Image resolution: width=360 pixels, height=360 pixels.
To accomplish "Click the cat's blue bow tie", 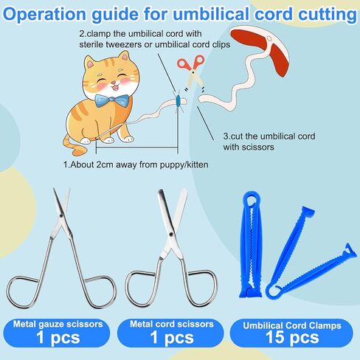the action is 112,100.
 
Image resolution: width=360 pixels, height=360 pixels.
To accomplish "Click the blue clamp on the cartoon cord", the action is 178,100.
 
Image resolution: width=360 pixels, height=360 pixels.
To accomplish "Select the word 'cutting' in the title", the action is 328,15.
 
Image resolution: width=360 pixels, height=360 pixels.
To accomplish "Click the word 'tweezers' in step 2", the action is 124,44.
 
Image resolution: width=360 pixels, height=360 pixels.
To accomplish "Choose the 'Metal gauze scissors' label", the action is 58,325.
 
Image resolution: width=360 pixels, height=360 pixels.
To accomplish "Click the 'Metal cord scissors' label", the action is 172,324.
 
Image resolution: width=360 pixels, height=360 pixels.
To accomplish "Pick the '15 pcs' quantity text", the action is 292,337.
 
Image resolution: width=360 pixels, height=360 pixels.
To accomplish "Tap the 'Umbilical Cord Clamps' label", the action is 292,325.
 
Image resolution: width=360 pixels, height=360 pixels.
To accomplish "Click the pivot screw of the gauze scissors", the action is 60,215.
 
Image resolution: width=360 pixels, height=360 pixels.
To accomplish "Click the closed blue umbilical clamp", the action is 251,245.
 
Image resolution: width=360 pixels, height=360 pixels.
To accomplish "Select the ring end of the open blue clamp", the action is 275,292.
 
